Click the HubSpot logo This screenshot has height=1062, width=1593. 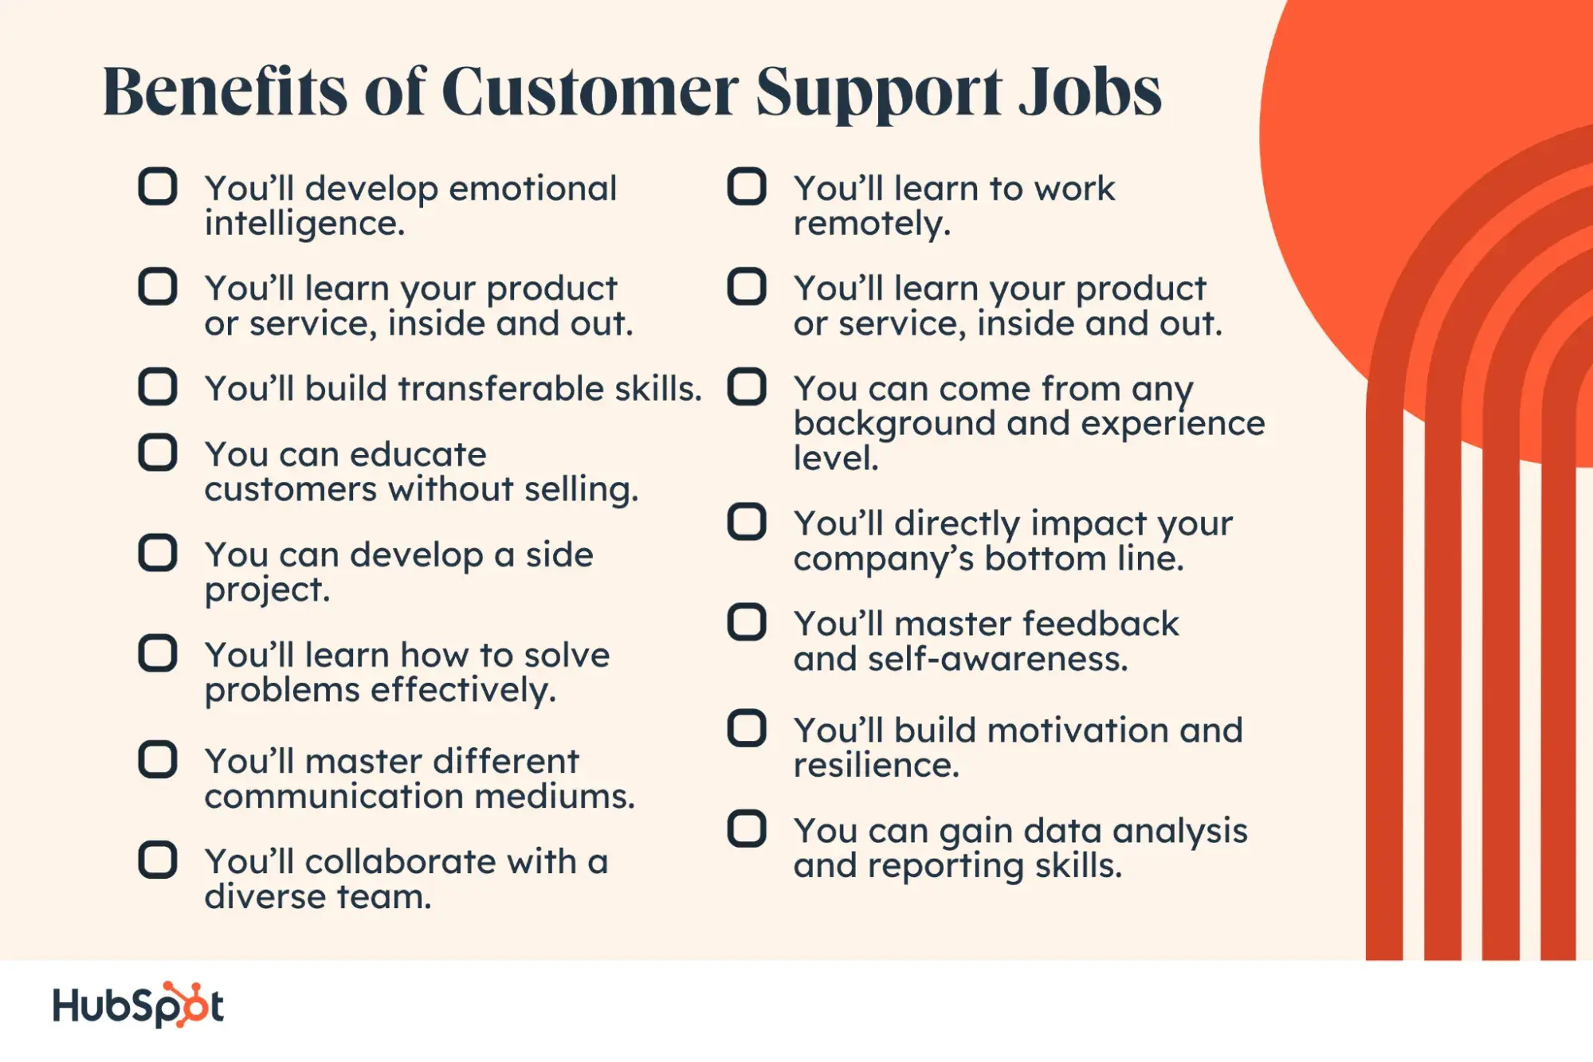click(138, 1005)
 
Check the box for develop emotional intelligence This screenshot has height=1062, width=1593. click(157, 187)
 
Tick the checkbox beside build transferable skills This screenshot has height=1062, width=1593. click(157, 387)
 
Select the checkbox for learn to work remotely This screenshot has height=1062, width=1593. click(747, 187)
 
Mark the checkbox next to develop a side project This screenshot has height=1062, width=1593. click(157, 553)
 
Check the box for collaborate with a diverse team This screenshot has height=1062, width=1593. click(157, 860)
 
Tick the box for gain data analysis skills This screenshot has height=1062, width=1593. click(747, 829)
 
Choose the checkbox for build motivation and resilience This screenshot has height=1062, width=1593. click(747, 728)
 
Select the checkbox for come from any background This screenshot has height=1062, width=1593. click(747, 387)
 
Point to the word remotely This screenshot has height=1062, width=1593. click(872, 224)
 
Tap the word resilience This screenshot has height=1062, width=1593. click(877, 765)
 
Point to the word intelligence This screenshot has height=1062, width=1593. click(304, 224)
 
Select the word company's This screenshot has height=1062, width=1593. click(884, 559)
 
